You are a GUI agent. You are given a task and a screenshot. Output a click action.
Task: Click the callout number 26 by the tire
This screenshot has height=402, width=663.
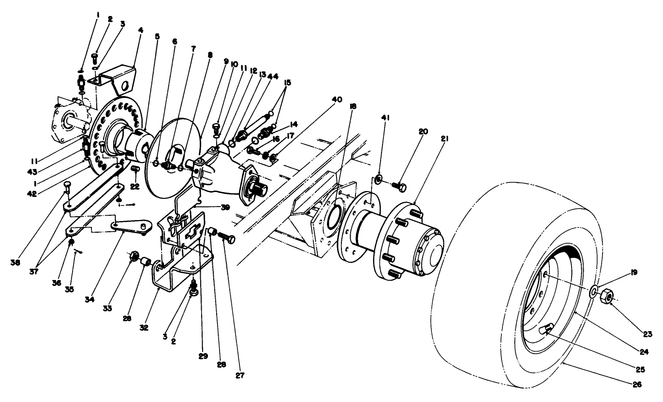pos(636,385)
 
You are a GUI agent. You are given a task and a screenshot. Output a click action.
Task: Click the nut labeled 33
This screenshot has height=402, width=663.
pos(135,256)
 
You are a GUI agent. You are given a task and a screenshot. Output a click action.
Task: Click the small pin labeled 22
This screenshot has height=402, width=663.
pos(135,168)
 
